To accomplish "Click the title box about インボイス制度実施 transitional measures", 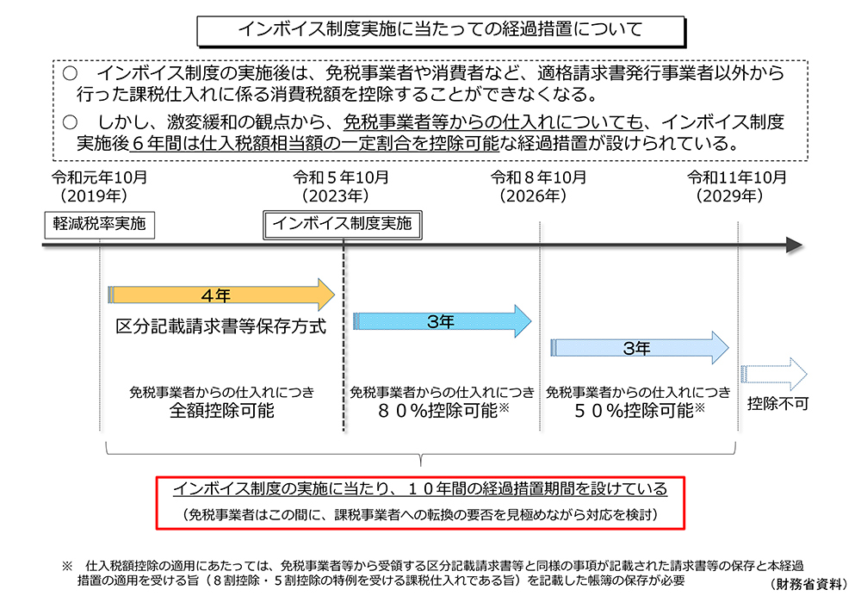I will pos(441,29).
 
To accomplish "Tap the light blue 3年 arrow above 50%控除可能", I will pos(639,348).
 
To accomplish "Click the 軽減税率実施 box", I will pos(100,224).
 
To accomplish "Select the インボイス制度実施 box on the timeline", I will pos(342,224).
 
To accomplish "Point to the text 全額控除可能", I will pos(221,411).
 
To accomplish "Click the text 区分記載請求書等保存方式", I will pos(220,328).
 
